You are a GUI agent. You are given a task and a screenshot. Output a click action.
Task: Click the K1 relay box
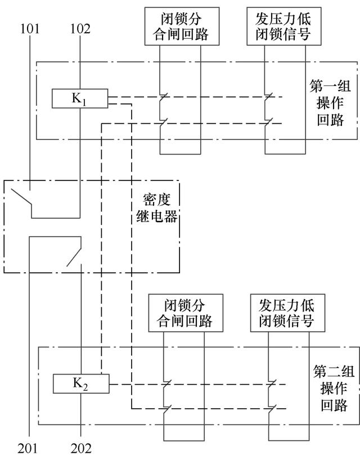[x=79, y=99]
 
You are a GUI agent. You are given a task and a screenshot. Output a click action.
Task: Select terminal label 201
[x=29, y=448]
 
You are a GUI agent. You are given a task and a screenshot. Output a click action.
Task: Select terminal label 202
[x=80, y=448]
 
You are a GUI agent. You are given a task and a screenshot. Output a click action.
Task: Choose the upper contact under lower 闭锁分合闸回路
[x=165, y=385]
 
